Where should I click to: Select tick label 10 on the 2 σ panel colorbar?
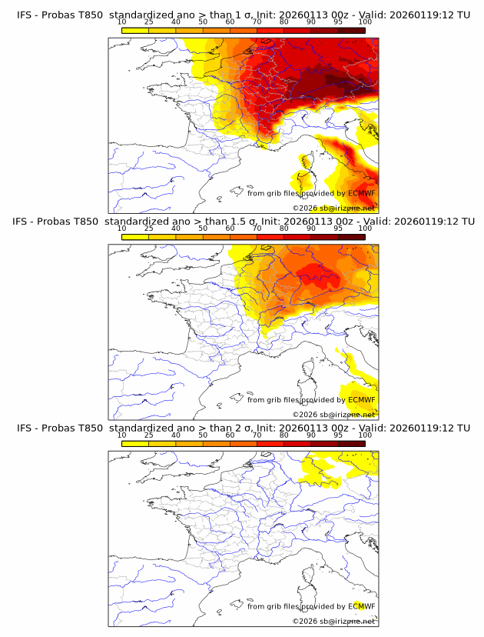pyautogui.click(x=122, y=435)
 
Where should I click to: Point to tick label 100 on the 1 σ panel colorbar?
pyautogui.click(x=365, y=22)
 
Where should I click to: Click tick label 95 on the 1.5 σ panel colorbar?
pyautogui.click(x=338, y=228)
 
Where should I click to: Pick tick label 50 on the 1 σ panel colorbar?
pyautogui.click(x=203, y=22)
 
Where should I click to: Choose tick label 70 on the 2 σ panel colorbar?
pyautogui.click(x=257, y=435)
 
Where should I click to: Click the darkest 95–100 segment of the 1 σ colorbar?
pyautogui.click(x=351, y=30)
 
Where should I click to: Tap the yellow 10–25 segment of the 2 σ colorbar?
pyautogui.click(x=135, y=443)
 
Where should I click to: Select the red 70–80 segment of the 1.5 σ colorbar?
pyautogui.click(x=270, y=237)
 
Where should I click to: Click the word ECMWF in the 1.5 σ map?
pyautogui.click(x=361, y=400)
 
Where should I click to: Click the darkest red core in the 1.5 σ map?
pyautogui.click(x=311, y=272)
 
